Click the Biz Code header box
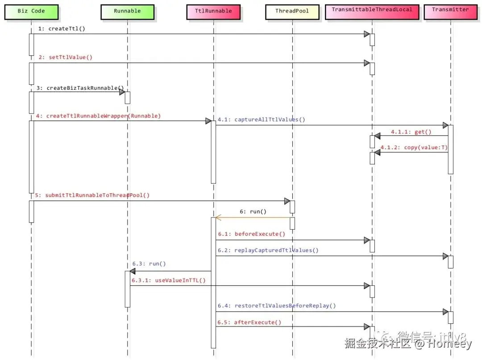pos(31,11)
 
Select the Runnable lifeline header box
pos(127,11)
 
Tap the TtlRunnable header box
pos(213,11)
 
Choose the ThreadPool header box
pos(292,11)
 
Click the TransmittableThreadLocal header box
pos(372,10)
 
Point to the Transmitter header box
pos(451,10)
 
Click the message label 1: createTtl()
pos(62,29)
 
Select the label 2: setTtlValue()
pos(65,57)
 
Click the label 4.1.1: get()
pos(411,132)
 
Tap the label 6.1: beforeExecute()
pos(251,234)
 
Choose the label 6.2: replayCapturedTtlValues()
pos(268,250)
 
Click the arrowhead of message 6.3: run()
pos(132,271)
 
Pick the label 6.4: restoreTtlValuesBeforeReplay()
pos(277,306)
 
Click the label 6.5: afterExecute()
pos(249,322)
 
